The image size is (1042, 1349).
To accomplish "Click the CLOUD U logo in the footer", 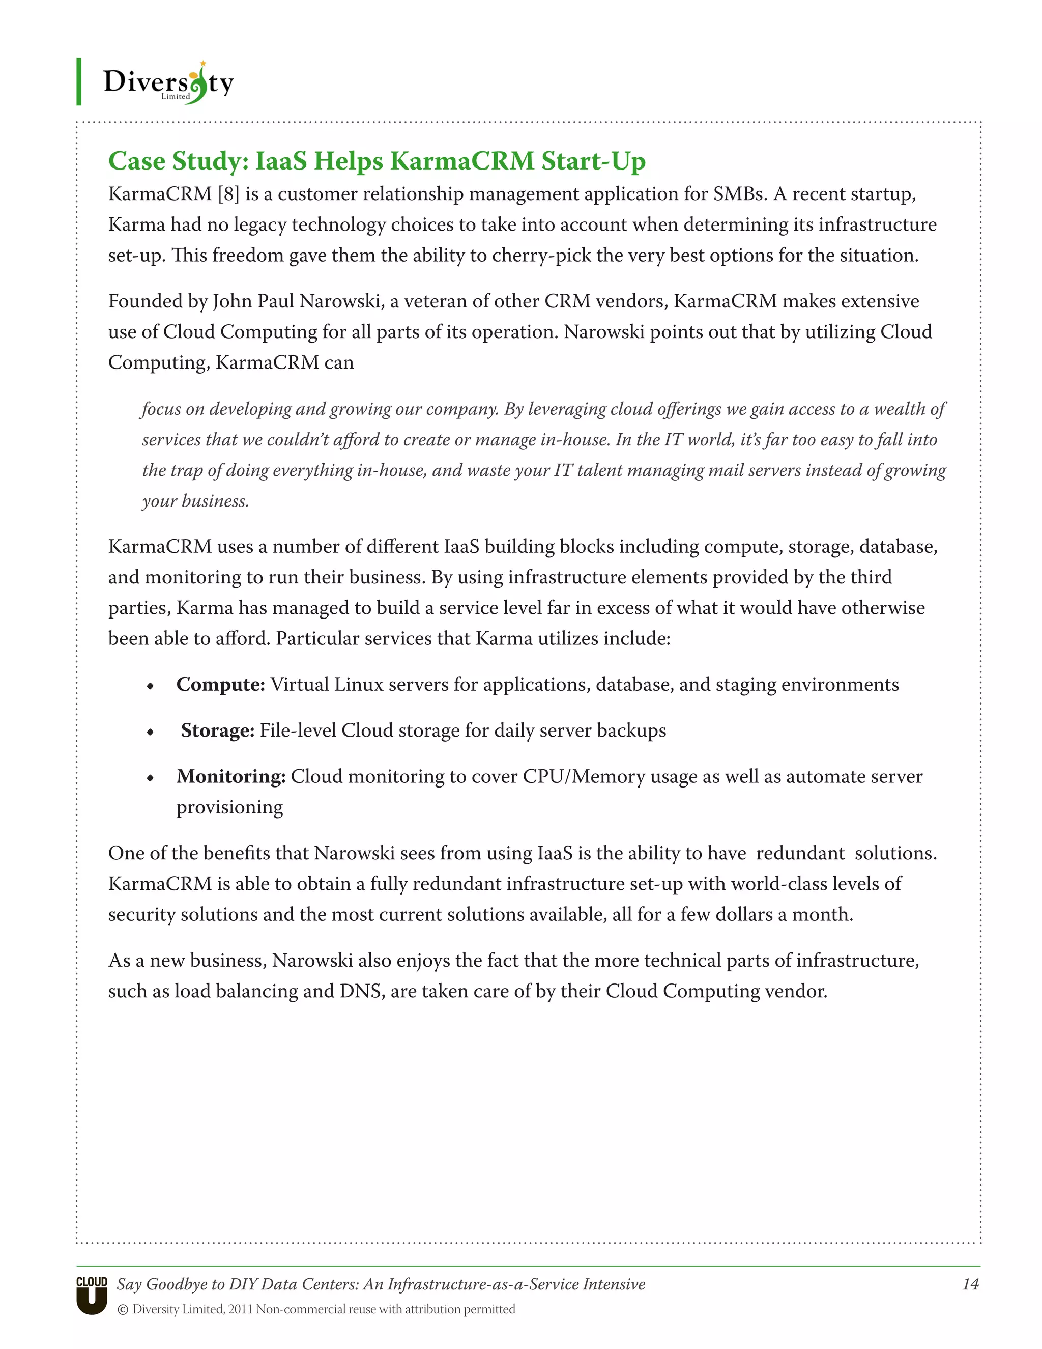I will tap(92, 1295).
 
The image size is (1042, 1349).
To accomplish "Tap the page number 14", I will tap(970, 1284).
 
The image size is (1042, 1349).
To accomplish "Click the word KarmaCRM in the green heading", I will tap(462, 161).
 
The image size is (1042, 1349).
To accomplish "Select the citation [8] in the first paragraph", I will tap(228, 194).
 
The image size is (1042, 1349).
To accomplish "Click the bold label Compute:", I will tap(220, 684).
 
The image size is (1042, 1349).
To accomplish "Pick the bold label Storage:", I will tap(217, 730).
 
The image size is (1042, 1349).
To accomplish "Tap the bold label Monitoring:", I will tap(231, 776).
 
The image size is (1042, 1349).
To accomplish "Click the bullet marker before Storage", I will tap(150, 733).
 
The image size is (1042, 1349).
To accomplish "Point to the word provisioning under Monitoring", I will tap(229, 807).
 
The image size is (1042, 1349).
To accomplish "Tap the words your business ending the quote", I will tap(194, 501).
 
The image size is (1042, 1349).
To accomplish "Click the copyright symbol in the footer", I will tap(123, 1309).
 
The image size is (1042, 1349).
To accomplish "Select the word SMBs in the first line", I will tap(739, 194).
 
